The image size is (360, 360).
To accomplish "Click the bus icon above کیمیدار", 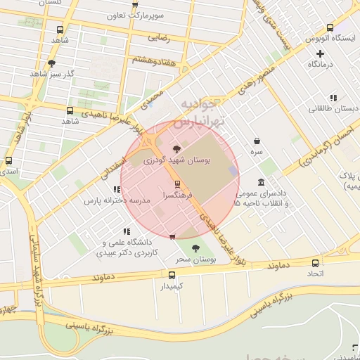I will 172,275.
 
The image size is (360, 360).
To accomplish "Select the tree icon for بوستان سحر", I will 195,248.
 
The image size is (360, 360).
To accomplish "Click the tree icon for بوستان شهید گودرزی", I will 176,149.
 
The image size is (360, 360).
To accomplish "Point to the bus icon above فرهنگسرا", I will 176,184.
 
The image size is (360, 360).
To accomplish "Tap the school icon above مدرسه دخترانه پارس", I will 117,189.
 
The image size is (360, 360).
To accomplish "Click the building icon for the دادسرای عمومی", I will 261,182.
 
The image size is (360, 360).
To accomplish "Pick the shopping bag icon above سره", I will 256,141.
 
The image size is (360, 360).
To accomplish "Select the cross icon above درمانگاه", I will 320,53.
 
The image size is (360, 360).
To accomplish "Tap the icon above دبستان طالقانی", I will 333,98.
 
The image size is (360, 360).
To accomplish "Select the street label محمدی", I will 152,98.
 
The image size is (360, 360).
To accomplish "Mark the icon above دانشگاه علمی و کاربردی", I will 127,231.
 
